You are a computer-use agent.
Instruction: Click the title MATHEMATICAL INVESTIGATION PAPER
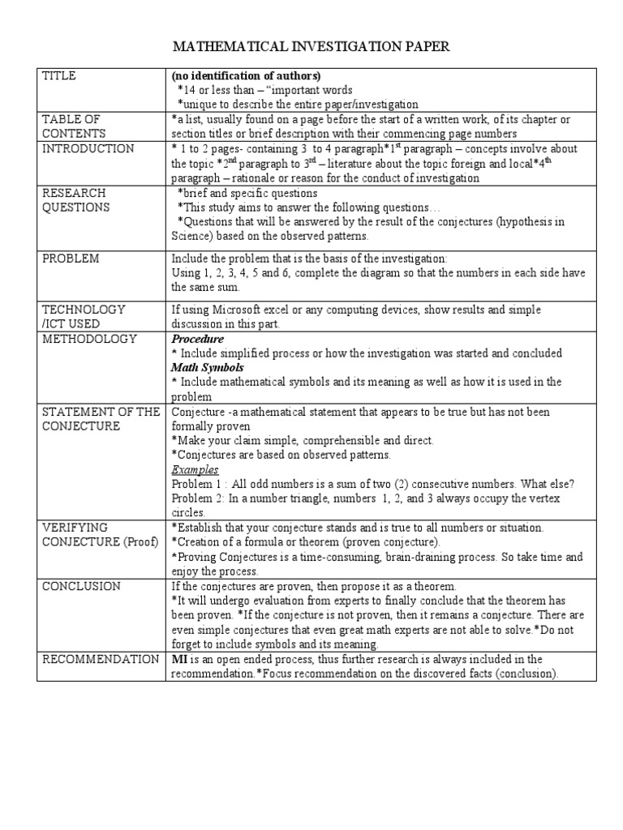(311, 48)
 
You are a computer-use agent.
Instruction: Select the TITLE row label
(58, 75)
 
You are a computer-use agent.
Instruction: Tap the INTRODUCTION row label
(88, 149)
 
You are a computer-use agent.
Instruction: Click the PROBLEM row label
(71, 258)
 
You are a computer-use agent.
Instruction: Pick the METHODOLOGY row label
(89, 339)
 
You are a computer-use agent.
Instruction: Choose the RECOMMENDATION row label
(101, 659)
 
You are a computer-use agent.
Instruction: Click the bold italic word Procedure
(197, 339)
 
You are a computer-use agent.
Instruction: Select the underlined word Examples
(195, 469)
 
